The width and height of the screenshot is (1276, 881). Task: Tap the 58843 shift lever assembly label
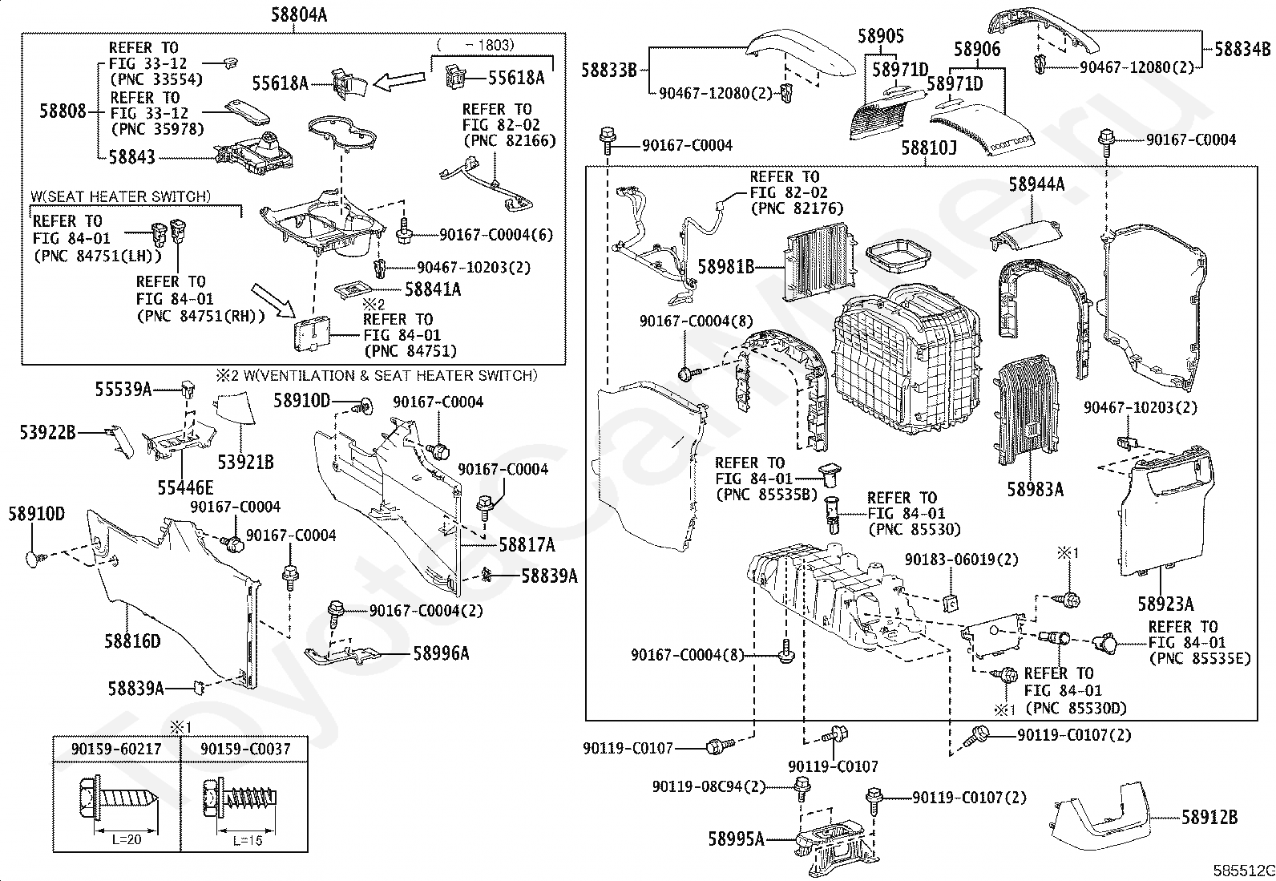pyautogui.click(x=131, y=157)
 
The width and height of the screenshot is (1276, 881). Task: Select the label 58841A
pyautogui.click(x=433, y=289)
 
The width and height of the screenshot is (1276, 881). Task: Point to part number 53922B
pyautogui.click(x=48, y=433)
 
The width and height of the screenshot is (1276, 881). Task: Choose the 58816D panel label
pyautogui.click(x=132, y=641)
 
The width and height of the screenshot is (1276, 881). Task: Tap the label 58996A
pyautogui.click(x=442, y=653)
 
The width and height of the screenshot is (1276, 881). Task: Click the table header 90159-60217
pyautogui.click(x=116, y=749)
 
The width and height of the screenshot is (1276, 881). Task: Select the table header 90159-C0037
pyautogui.click(x=244, y=749)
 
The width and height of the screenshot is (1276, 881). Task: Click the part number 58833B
pyautogui.click(x=609, y=71)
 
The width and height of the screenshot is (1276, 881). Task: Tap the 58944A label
pyautogui.click(x=1036, y=185)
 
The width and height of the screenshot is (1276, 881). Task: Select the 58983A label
pyautogui.click(x=1036, y=490)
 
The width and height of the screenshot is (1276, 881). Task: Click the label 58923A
pyautogui.click(x=1165, y=603)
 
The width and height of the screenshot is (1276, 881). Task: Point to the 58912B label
pyautogui.click(x=1209, y=818)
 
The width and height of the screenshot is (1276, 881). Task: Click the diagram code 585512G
pyautogui.click(x=1242, y=871)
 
